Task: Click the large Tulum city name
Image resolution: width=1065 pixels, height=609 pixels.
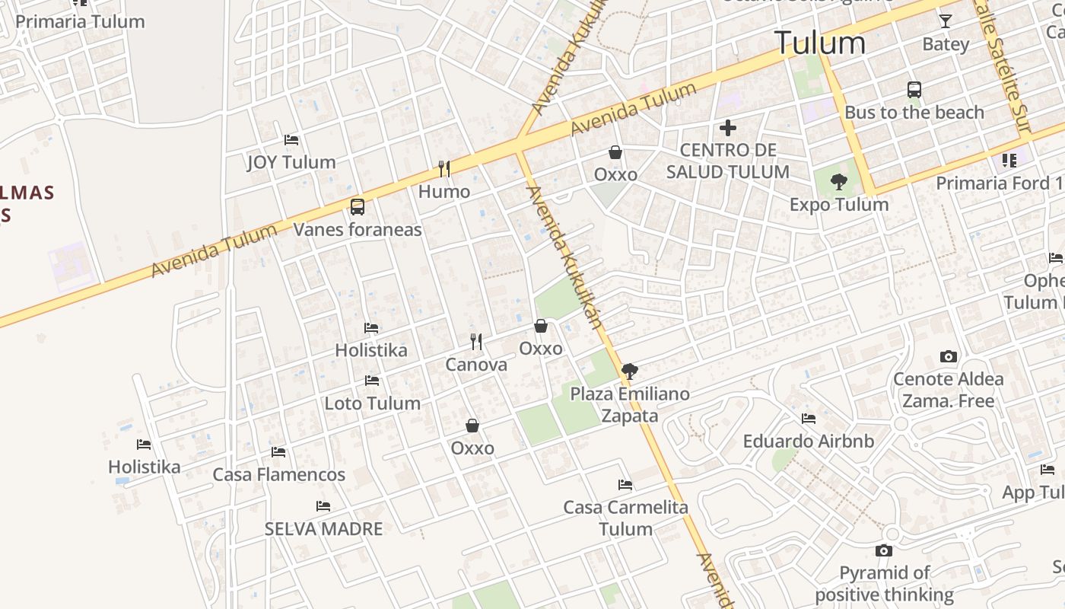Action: (819, 43)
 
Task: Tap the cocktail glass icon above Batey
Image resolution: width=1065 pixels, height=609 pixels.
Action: (946, 21)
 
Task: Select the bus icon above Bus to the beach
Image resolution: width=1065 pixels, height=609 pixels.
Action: (914, 90)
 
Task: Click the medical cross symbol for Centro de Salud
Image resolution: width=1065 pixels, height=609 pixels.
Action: (728, 128)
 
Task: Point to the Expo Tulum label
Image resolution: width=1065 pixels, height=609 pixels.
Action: (839, 205)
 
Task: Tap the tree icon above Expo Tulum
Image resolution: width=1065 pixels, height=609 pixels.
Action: (839, 182)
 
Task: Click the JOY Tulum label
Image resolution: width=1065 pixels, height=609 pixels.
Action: (291, 162)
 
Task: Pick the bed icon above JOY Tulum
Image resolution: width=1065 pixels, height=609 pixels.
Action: (291, 140)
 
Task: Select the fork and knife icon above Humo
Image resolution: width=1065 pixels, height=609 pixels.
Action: (444, 168)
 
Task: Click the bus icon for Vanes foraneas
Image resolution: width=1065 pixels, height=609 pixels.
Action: (358, 206)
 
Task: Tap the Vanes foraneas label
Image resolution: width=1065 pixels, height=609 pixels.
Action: (358, 229)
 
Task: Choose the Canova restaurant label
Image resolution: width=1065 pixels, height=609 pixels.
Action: (476, 365)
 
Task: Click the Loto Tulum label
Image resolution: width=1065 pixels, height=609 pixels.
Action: (373, 403)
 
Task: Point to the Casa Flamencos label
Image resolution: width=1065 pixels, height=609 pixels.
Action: (279, 475)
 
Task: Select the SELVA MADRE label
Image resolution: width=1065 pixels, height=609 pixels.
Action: (323, 528)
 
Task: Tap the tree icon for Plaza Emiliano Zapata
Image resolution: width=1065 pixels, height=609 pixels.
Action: (629, 371)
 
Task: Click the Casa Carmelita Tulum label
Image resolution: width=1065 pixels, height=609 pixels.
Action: (625, 518)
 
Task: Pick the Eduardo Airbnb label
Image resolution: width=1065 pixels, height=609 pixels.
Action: (809, 442)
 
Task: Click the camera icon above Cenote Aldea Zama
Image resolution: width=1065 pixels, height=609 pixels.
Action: (948, 356)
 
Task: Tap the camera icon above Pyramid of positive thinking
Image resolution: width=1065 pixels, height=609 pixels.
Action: (884, 550)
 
